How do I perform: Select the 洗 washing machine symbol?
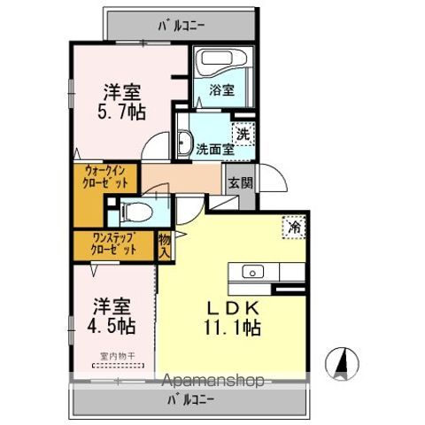click(242, 135)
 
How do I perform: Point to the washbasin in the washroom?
click(185, 142)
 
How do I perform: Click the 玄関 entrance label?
click(240, 183)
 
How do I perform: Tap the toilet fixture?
click(134, 211)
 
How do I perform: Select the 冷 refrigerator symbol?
click(294, 227)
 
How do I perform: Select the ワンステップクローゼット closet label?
click(114, 243)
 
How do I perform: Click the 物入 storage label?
click(164, 244)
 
